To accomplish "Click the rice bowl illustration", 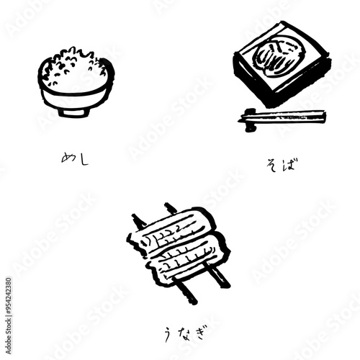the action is click(x=76, y=83).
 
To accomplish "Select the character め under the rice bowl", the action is click(x=68, y=157).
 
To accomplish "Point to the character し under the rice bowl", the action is click(x=83, y=159).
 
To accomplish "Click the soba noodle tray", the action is click(x=282, y=65).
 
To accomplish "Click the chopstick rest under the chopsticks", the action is click(x=250, y=120).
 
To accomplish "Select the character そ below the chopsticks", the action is click(x=273, y=165).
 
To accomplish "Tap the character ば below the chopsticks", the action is click(x=289, y=164).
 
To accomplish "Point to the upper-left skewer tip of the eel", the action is click(x=138, y=220).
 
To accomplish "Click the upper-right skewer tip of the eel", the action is click(x=171, y=208).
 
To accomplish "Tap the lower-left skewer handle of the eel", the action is click(x=186, y=292).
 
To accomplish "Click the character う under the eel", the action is click(x=168, y=334).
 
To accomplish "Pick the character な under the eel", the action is click(x=184, y=332).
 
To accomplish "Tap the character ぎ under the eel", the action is click(x=199, y=332).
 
